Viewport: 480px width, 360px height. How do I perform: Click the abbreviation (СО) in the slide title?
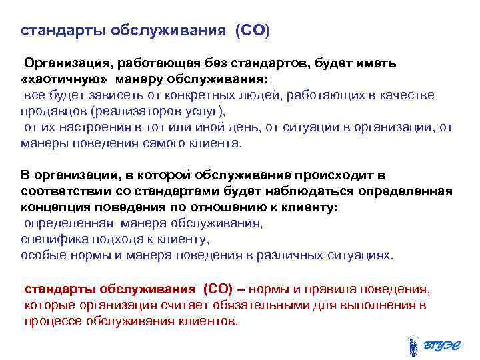(x=252, y=31)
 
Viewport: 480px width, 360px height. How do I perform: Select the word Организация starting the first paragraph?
(x=66, y=63)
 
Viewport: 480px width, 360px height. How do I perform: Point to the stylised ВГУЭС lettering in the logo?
(x=444, y=346)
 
